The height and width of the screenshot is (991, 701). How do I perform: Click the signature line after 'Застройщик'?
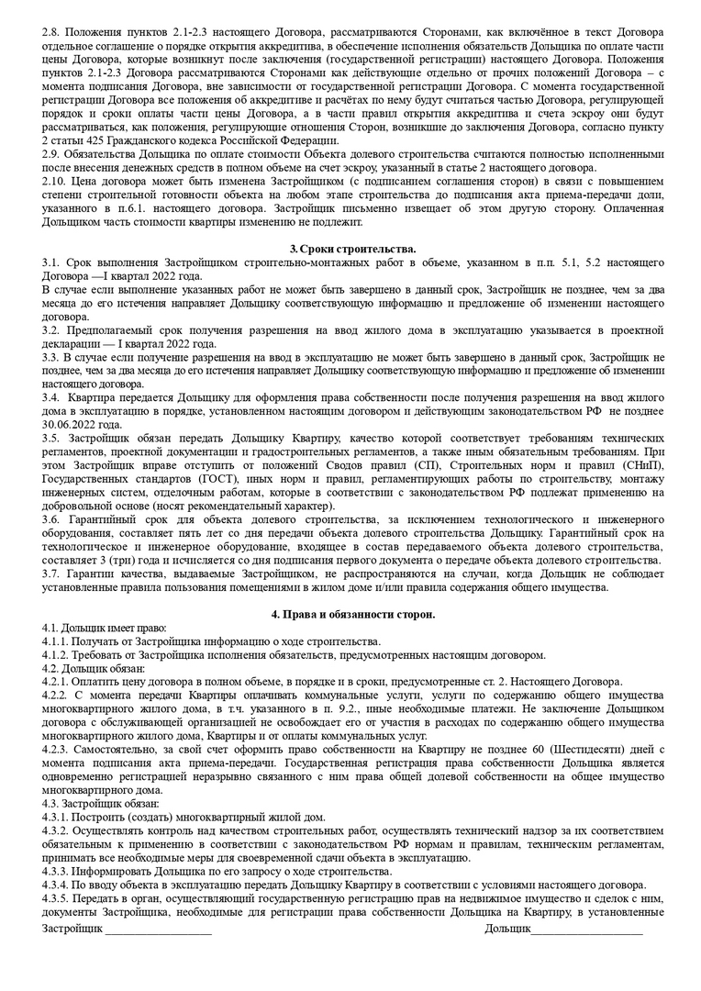[x=158, y=930]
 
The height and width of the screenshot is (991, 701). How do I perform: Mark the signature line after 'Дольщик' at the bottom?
[x=587, y=930]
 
